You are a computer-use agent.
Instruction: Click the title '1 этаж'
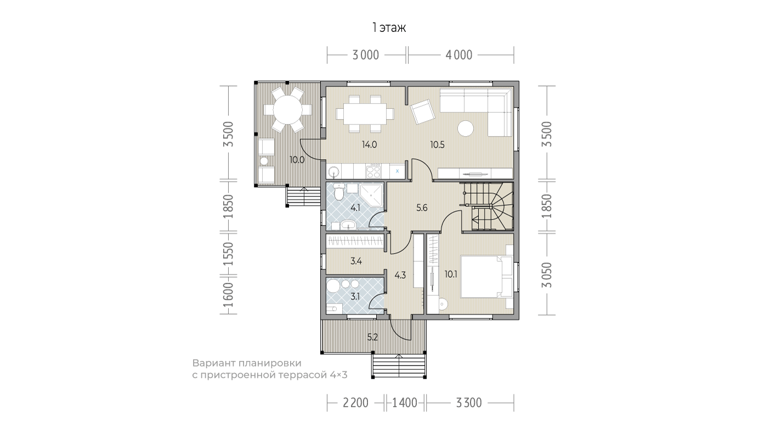point(389,28)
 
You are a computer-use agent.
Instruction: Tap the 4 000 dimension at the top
point(458,55)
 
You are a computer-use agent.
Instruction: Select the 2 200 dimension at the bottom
point(355,403)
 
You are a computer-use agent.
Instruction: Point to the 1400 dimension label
point(404,403)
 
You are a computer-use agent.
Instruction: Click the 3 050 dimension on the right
point(547,275)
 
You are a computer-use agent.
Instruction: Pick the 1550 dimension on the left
point(229,254)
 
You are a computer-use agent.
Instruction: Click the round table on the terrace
point(287,110)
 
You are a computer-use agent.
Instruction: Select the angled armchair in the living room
point(422,111)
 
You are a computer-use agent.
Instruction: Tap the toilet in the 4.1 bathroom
point(339,192)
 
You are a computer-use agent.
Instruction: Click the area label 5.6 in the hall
point(422,208)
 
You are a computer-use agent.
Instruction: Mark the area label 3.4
point(356,261)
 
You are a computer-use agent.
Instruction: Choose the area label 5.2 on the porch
point(372,337)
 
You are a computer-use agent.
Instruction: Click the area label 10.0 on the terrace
point(297,160)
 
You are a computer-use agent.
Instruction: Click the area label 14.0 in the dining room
point(369,145)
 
